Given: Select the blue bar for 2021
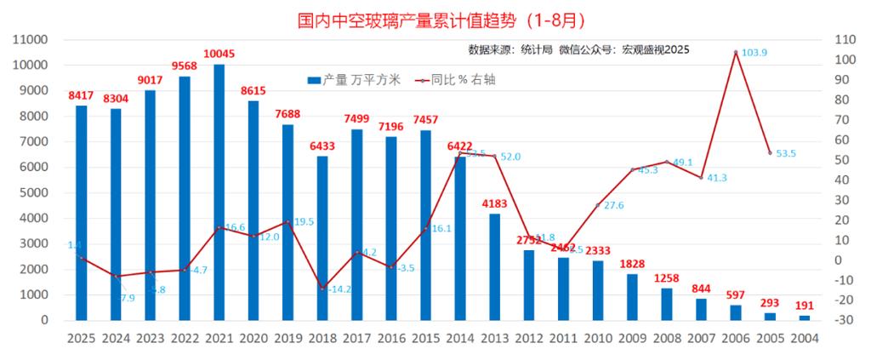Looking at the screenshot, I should (219, 191).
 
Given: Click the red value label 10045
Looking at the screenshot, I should (219, 54).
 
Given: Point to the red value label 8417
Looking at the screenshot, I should (81, 95).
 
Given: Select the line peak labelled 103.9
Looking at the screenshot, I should (735, 52).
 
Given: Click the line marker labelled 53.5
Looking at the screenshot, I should (770, 153).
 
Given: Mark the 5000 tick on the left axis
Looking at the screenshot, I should (30, 192).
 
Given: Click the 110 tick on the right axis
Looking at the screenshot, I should (844, 39).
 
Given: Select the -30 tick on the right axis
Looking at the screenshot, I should (844, 320).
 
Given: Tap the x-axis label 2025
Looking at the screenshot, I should (81, 337).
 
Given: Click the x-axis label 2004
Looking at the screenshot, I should (804, 337).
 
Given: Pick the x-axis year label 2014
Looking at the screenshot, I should (459, 337).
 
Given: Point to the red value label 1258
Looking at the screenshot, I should (666, 278).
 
